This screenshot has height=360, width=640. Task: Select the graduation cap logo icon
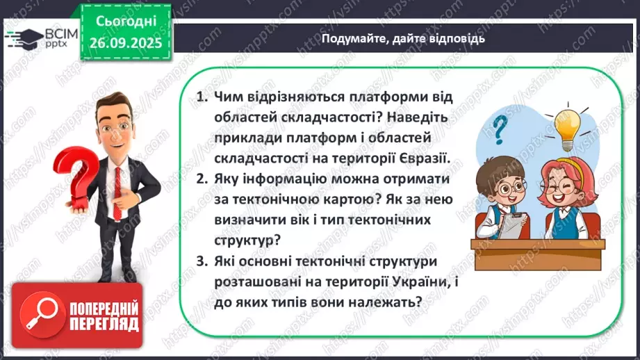click(x=20, y=35)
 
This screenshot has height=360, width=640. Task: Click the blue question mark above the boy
click(x=498, y=129)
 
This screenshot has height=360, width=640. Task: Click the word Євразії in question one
click(x=421, y=158)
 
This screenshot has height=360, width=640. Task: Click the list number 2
click(x=200, y=179)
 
